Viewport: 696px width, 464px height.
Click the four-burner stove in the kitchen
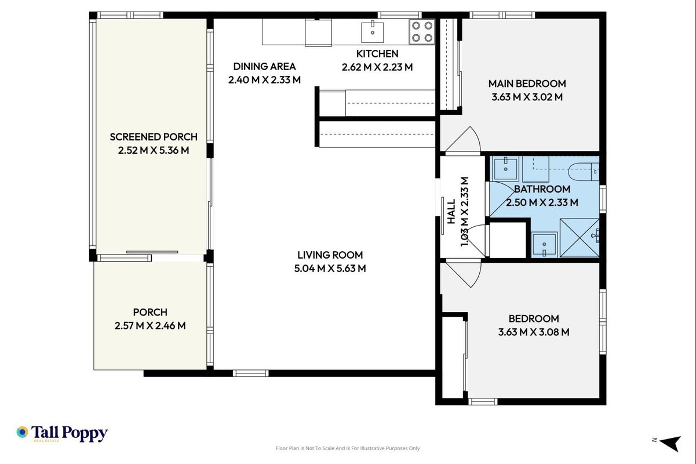click(422, 32)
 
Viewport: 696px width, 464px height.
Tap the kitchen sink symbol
click(372, 32)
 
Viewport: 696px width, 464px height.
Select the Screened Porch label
click(154, 137)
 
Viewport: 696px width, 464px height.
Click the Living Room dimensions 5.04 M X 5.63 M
click(330, 269)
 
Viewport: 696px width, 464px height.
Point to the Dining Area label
click(264, 66)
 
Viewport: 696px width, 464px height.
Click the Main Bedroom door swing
click(463, 140)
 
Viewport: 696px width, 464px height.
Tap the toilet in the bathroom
click(584, 171)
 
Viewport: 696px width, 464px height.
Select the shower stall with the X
click(580, 238)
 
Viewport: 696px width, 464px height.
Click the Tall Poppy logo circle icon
click(23, 432)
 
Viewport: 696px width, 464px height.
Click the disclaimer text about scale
click(348, 448)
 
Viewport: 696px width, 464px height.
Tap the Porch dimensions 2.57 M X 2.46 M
click(150, 325)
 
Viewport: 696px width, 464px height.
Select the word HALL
click(451, 212)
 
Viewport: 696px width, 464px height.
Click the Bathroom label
click(542, 189)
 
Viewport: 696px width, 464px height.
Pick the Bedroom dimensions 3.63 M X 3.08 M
click(534, 332)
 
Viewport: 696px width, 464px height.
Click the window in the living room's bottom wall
click(251, 373)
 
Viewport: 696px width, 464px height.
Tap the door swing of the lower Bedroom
click(464, 274)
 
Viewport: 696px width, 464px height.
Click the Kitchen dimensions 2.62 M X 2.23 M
click(377, 67)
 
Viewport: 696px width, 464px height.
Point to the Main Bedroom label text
click(527, 84)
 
